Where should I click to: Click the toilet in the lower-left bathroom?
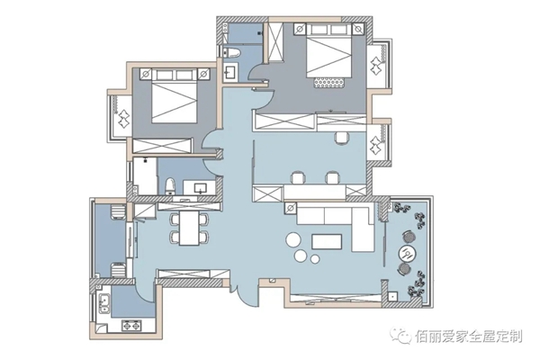170,186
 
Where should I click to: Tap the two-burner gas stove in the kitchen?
132,325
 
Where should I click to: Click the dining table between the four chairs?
189,228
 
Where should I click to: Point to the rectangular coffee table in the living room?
327,241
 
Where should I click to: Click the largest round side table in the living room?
293,239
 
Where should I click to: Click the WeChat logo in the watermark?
400,335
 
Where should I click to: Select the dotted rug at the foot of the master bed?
328,83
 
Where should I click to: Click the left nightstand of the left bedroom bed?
146,74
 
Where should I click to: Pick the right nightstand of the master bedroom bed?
358,30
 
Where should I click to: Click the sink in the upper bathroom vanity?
230,73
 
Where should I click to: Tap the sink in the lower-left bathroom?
200,188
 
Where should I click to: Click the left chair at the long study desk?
298,178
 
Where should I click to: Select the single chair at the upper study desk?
342,138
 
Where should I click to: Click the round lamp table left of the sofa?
291,208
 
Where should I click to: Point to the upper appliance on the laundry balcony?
118,211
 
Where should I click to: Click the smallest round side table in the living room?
315,258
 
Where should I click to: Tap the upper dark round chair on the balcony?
409,238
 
